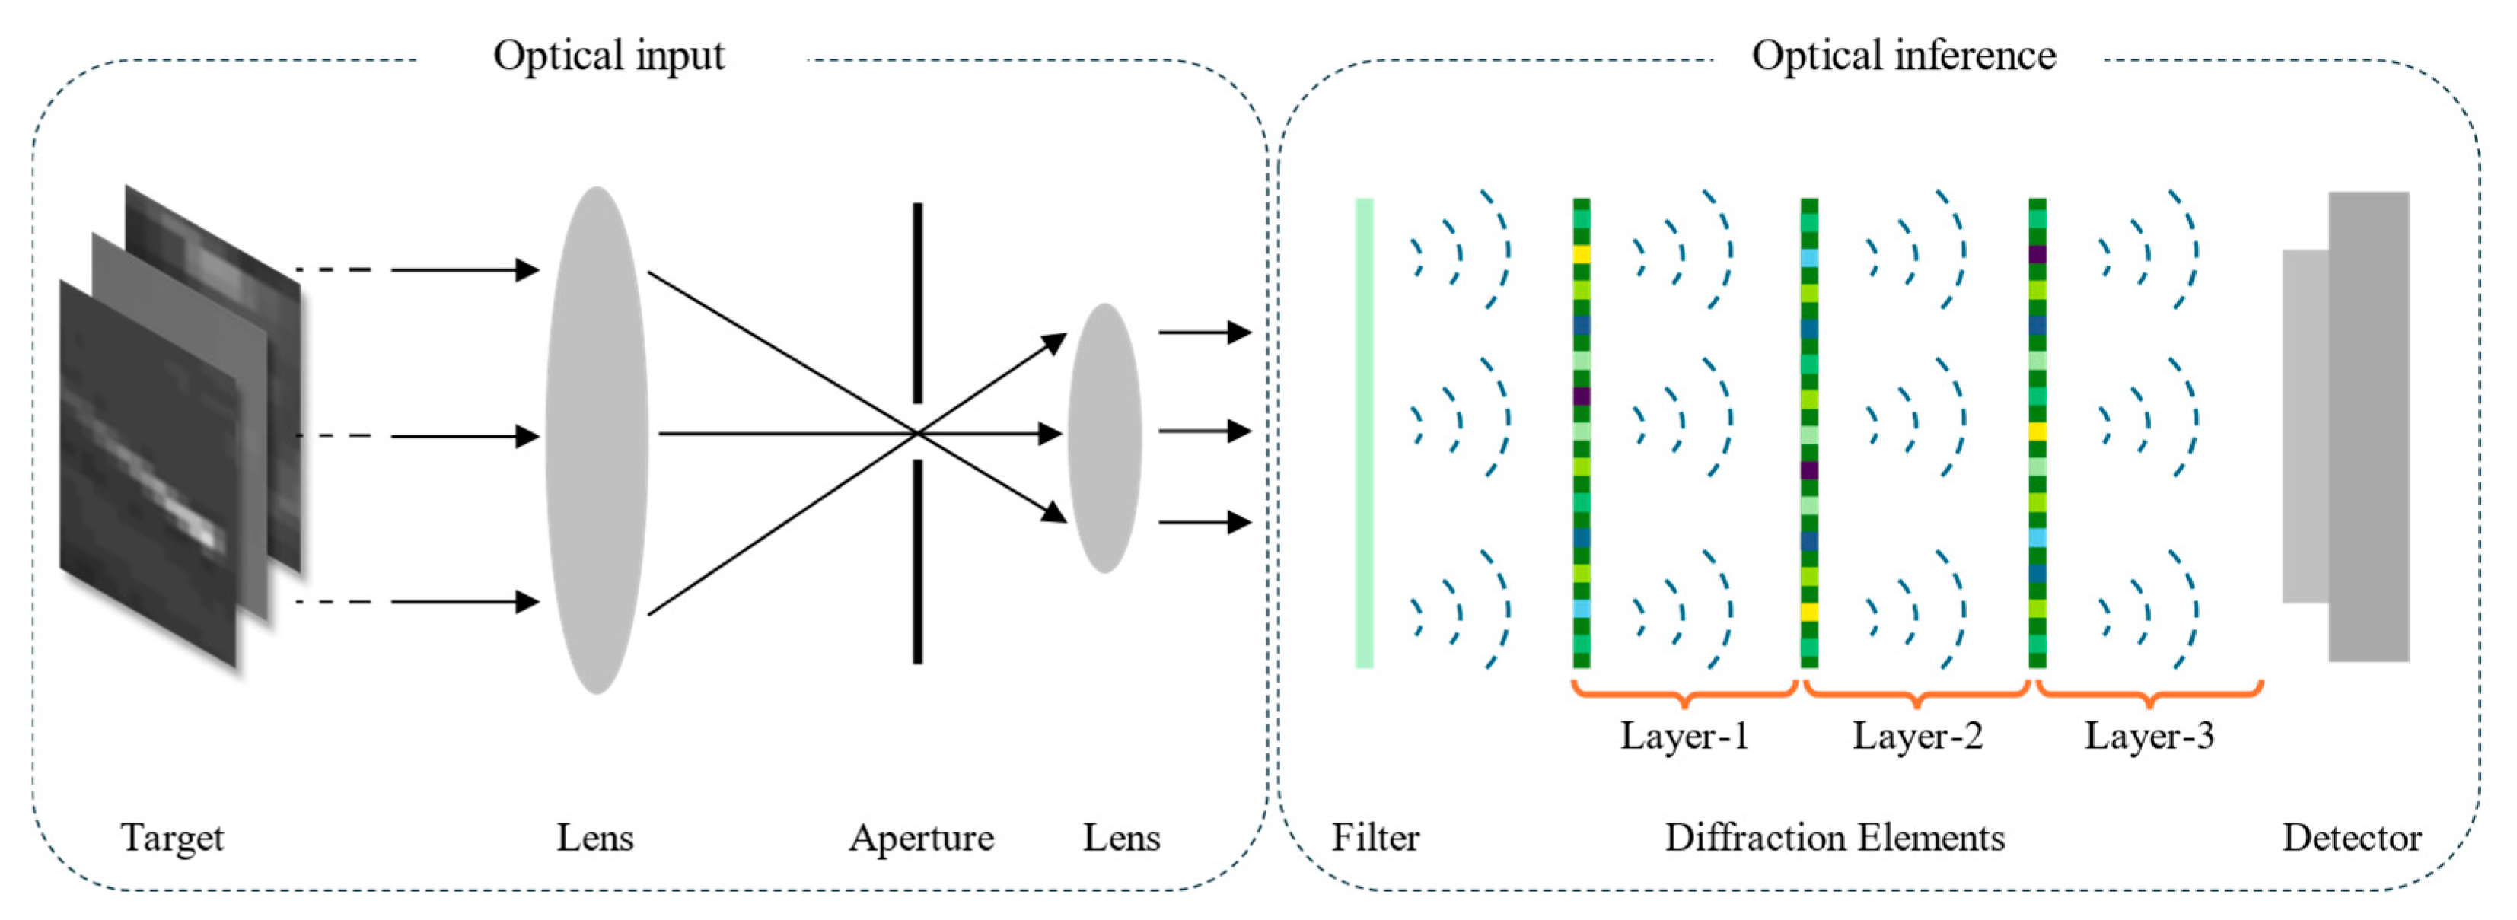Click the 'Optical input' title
(x=609, y=56)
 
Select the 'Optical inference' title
(x=1903, y=56)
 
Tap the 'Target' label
(x=172, y=837)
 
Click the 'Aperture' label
(x=920, y=837)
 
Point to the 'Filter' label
(x=1375, y=837)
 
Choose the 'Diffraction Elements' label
(x=1834, y=837)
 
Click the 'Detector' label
(x=2351, y=837)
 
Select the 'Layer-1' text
(x=1684, y=735)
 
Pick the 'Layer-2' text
(x=1917, y=735)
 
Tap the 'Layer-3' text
(x=2149, y=735)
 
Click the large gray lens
(x=596, y=440)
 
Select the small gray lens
(x=1104, y=438)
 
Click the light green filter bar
(x=1364, y=433)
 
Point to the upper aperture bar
(x=916, y=303)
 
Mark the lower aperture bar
(x=916, y=562)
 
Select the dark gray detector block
(x=2369, y=426)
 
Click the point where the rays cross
(x=916, y=433)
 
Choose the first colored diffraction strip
(x=1581, y=433)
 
